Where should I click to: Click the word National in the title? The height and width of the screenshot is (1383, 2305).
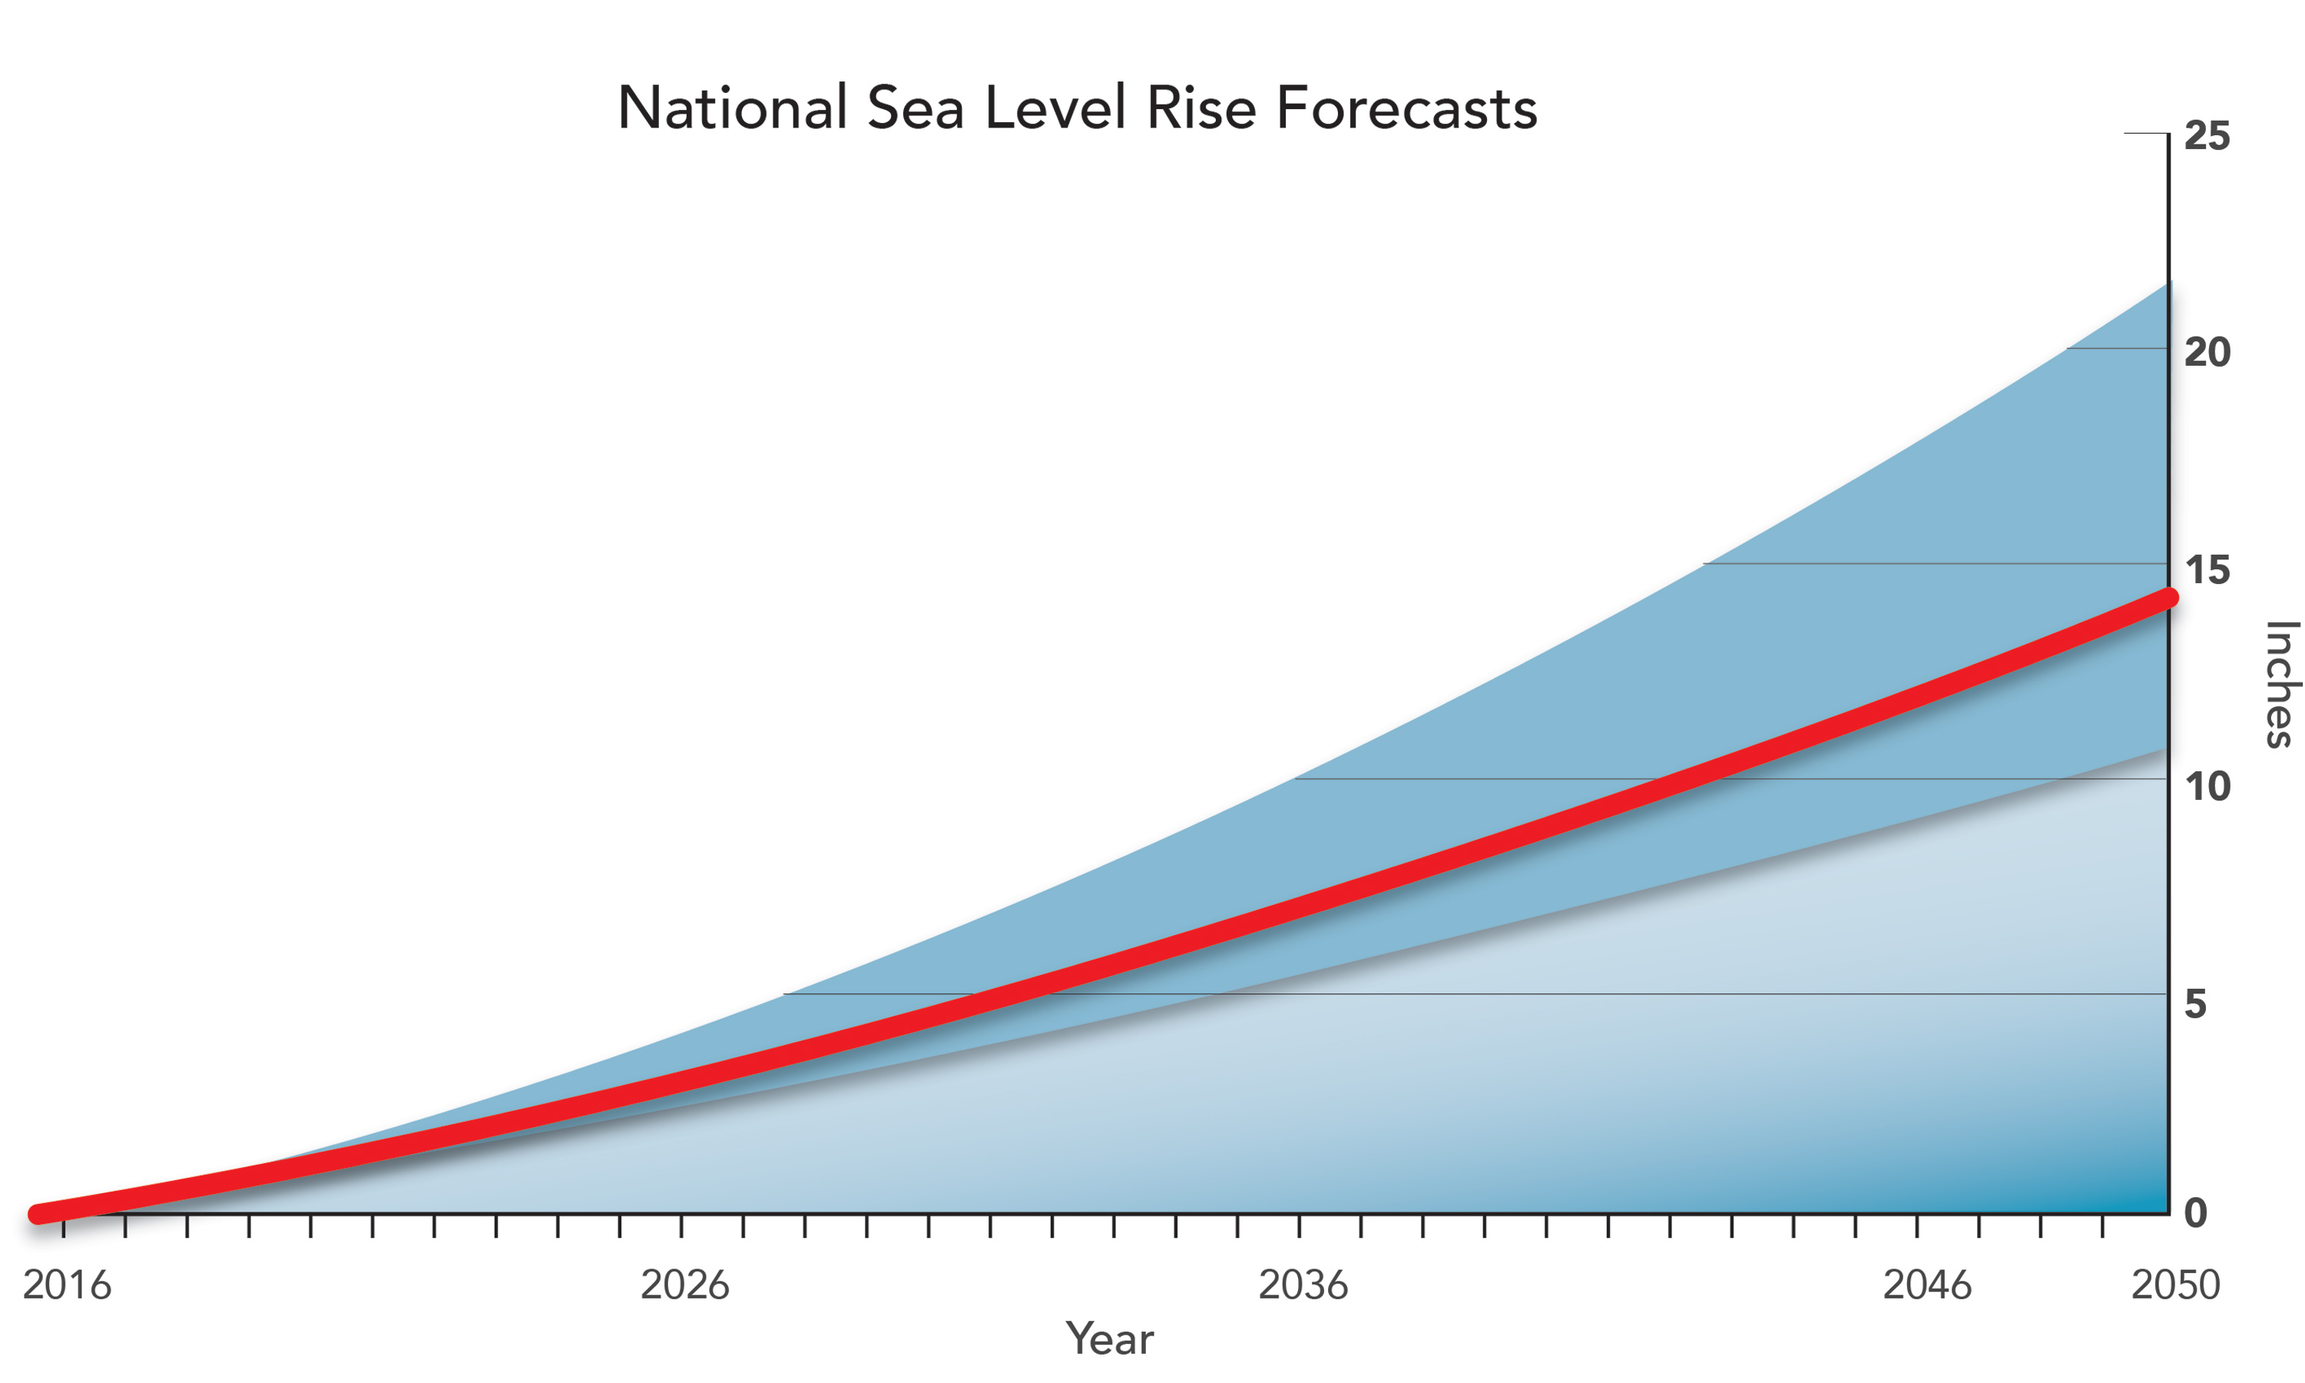click(732, 108)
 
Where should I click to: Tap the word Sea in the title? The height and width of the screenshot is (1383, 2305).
click(915, 108)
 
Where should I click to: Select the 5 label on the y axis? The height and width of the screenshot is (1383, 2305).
click(2195, 1003)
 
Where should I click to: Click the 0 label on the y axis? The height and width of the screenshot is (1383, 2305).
click(2195, 1212)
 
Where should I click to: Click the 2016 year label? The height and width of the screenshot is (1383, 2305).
click(67, 1285)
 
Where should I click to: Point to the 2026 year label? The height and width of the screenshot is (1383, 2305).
click(685, 1285)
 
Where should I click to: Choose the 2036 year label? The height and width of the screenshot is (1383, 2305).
click(1303, 1285)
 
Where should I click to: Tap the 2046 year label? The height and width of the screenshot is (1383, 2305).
click(1927, 1285)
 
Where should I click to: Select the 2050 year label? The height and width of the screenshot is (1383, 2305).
click(2175, 1285)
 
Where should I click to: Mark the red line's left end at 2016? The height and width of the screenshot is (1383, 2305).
click(38, 1212)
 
